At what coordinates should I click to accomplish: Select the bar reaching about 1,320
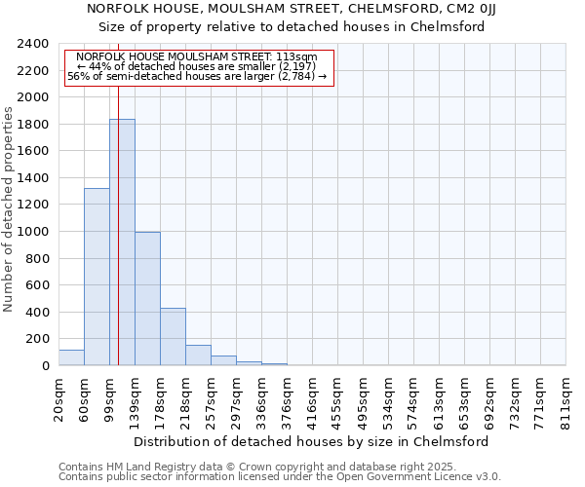[x=97, y=277]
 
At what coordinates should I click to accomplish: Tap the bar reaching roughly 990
[x=147, y=298]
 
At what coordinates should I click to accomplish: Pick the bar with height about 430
[x=173, y=336]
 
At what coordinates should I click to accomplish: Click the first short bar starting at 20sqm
[x=71, y=357]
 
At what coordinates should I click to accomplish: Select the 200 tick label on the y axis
[x=38, y=339]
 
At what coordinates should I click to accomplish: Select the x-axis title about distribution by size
[x=311, y=441]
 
